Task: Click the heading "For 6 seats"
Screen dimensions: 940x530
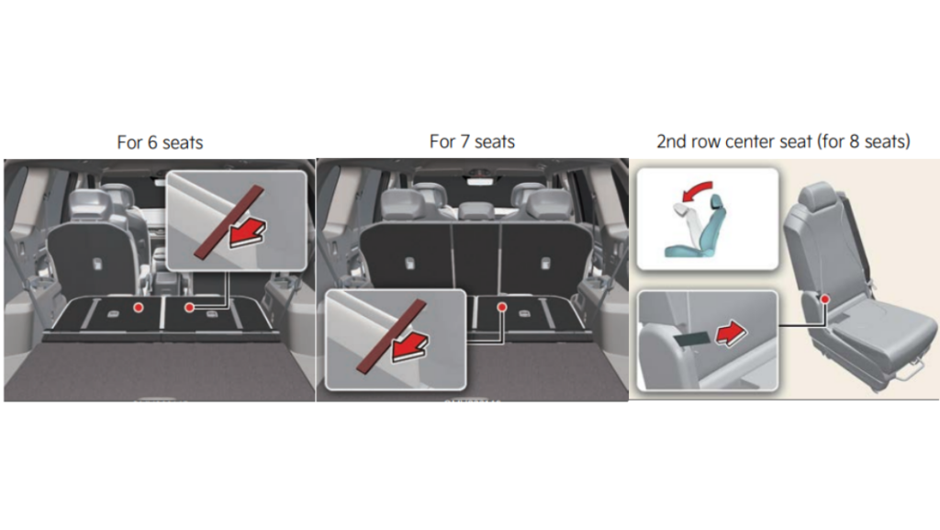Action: point(160,142)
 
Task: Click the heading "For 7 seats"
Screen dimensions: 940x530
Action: point(473,141)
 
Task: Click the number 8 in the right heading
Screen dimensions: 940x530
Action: point(855,141)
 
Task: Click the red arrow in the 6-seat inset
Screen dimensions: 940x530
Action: point(248,232)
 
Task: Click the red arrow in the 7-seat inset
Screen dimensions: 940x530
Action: point(410,347)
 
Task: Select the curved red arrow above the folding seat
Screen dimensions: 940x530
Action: point(698,191)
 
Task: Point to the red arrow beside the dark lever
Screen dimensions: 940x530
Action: point(732,333)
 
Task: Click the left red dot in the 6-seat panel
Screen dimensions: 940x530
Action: point(139,307)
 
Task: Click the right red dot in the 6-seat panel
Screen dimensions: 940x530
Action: point(189,307)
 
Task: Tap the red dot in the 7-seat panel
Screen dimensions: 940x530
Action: point(502,307)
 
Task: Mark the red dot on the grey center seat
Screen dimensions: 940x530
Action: point(825,299)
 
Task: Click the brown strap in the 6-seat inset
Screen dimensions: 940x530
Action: point(229,222)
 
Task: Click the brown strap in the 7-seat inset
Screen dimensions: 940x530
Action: point(391,336)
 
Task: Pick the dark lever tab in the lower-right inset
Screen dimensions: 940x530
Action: point(692,339)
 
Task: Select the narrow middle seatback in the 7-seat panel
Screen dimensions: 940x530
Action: point(476,259)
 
